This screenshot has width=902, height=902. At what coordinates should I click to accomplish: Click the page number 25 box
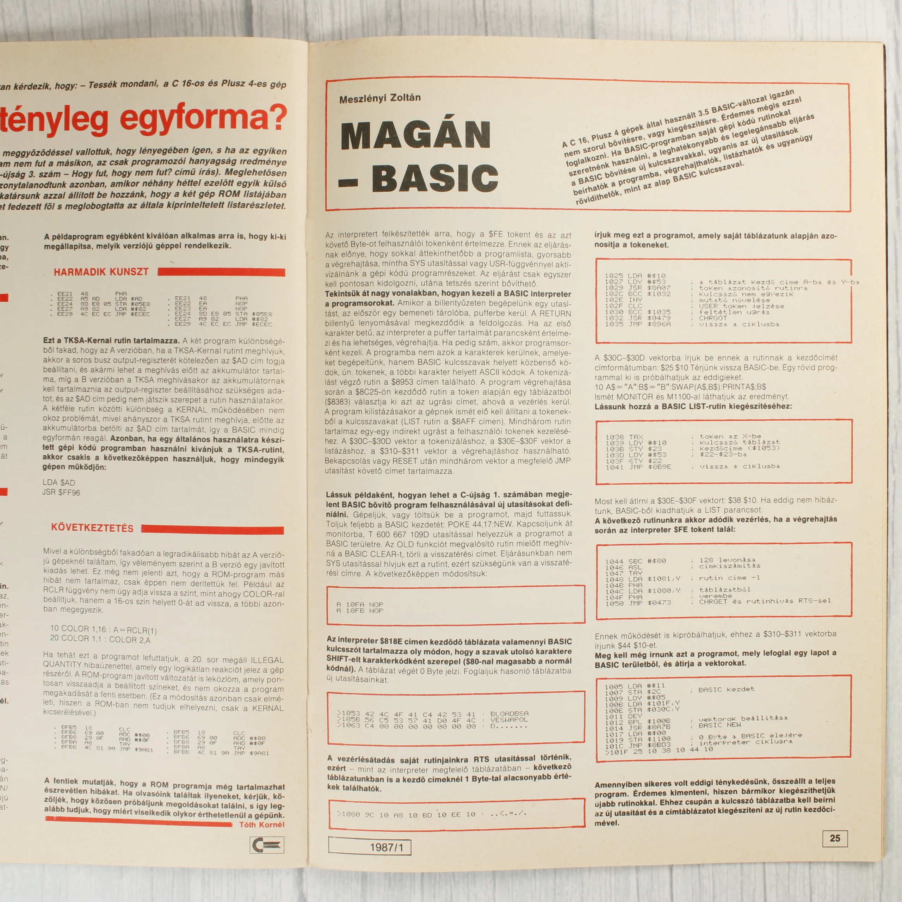pos(834,838)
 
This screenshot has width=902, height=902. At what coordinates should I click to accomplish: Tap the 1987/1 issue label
pos(369,847)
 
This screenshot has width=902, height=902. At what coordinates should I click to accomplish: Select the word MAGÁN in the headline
pos(415,135)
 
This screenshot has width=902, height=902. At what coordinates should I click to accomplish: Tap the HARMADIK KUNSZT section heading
pos(101,272)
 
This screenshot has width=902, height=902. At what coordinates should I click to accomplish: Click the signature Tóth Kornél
pos(261,824)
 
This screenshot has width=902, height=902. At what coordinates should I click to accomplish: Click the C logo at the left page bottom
pos(267,845)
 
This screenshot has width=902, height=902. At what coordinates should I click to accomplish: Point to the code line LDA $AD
pos(59,482)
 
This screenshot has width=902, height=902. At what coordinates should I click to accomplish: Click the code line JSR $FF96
pos(61,492)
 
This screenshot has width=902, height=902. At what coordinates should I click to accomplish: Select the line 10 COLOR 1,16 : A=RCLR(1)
pos(104,629)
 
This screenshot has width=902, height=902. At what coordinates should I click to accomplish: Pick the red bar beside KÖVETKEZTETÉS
pos(212,530)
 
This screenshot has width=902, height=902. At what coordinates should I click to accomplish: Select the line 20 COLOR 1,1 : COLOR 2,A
pos(100,639)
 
